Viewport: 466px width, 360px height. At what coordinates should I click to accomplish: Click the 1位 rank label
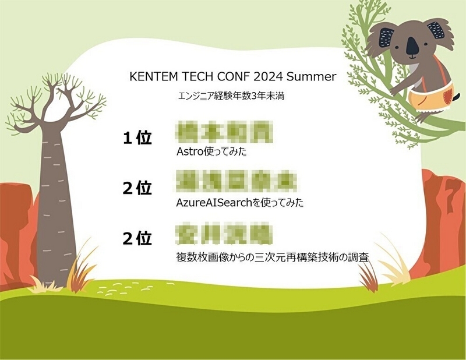(137, 138)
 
